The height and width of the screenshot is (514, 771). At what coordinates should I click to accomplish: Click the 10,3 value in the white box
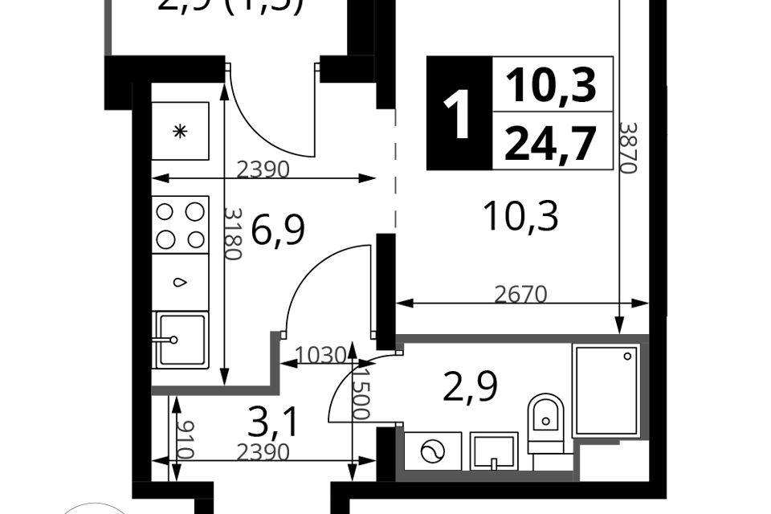point(552,84)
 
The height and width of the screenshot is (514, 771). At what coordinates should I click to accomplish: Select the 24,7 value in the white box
point(552,142)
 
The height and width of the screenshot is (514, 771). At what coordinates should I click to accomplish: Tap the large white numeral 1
point(459,116)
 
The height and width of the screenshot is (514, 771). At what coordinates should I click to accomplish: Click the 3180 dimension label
point(232,233)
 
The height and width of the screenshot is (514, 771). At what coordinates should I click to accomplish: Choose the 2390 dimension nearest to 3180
point(263,170)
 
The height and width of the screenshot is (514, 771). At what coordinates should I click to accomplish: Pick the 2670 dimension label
point(520,295)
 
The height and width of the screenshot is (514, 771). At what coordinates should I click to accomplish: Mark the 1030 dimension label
point(320,354)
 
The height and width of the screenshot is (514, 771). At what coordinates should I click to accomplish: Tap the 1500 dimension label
point(361,394)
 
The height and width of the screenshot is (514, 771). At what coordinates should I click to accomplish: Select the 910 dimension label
point(185,439)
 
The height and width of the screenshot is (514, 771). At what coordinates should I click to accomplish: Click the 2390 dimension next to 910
point(263,453)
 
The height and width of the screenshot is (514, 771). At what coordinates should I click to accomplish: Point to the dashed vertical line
point(395,169)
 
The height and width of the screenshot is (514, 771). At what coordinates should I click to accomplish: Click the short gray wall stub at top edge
point(108,27)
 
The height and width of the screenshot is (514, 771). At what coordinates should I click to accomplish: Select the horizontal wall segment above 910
point(213,391)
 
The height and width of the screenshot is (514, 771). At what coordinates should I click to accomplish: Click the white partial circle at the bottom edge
point(95,508)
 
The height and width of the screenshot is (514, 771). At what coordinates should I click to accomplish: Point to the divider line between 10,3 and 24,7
point(552,111)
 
